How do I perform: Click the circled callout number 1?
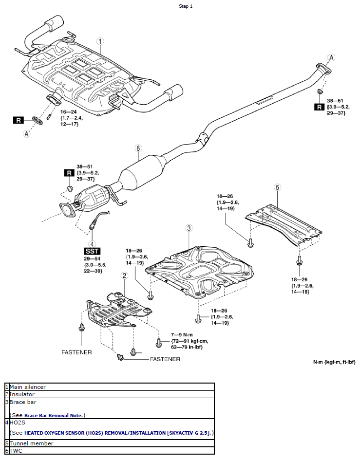pyautogui.click(x=100, y=42)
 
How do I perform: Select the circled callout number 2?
pyautogui.click(x=125, y=275)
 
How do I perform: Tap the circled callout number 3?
pyautogui.click(x=189, y=228)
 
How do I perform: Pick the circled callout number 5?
pyautogui.click(x=277, y=187)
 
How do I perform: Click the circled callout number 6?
pyautogui.click(x=138, y=148)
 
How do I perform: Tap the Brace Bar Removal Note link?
pyautogui.click(x=54, y=415)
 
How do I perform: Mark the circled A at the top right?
pyautogui.click(x=331, y=57)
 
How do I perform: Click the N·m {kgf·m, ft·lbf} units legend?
pyautogui.click(x=334, y=363)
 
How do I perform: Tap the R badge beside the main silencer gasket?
pyautogui.click(x=19, y=119)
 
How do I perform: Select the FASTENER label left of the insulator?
pyautogui.click(x=76, y=352)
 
